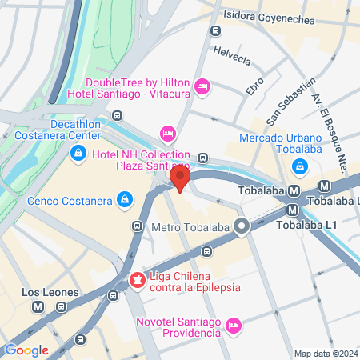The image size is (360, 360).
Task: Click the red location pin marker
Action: (x=181, y=179)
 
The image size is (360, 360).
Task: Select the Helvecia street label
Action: (x=232, y=54)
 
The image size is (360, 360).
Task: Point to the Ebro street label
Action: (x=255, y=85)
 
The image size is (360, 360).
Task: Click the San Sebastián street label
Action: (x=286, y=102)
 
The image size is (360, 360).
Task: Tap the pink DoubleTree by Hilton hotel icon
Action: (x=202, y=85)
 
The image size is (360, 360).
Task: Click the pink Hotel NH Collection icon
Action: (x=167, y=132)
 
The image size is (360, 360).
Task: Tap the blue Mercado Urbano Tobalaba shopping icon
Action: (x=299, y=166)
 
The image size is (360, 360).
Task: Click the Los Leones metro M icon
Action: (x=38, y=306)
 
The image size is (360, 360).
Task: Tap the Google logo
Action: (x=26, y=350)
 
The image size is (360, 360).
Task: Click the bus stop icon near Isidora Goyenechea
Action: (x=214, y=31)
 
